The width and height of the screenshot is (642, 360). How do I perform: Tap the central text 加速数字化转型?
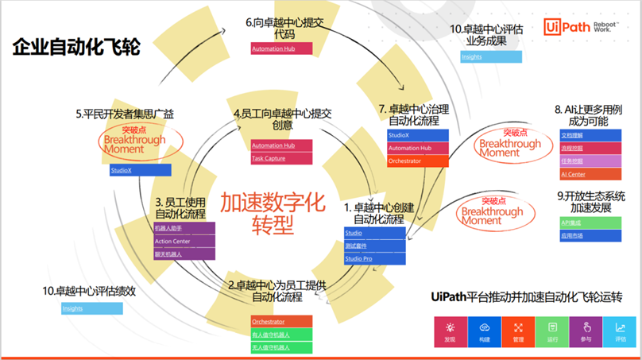pos(273,214)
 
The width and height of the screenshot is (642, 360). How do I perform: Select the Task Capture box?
pos(280,158)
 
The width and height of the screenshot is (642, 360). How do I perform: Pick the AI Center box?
pos(589,173)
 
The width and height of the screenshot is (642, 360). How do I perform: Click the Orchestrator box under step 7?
pos(417,161)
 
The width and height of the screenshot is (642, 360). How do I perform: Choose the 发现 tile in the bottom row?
pos(451,331)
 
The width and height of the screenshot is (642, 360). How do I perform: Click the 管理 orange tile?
pos(518,331)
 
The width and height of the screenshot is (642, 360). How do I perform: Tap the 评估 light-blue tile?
pos(620,331)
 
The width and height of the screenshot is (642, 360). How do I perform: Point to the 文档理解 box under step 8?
pos(589,135)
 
